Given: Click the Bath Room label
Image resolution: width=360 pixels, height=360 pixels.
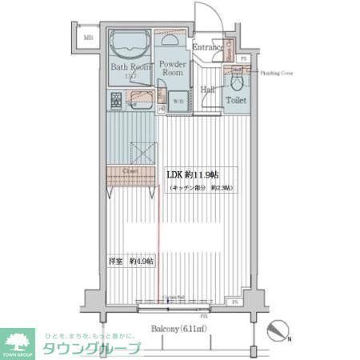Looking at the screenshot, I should pos(130,68).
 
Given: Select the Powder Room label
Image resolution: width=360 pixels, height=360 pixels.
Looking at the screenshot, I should pos(173,67).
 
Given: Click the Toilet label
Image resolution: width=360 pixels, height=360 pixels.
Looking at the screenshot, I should pos(235,101).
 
